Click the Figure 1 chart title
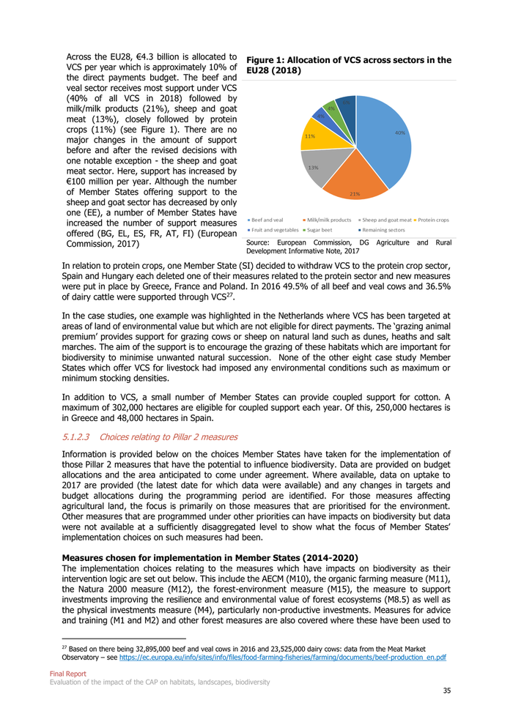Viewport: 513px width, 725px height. click(x=349, y=66)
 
